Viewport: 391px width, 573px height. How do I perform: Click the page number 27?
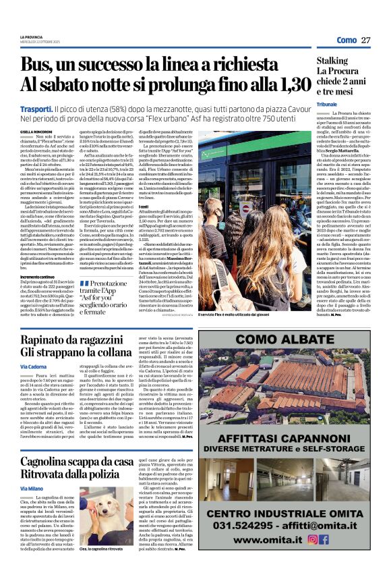click(366, 40)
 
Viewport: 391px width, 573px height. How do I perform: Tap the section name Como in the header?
click(346, 40)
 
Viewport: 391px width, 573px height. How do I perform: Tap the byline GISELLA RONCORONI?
click(35, 132)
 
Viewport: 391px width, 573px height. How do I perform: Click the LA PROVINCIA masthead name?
click(35, 37)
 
